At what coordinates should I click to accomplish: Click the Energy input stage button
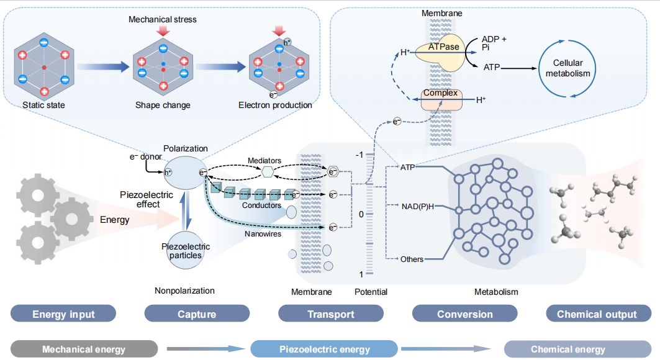63,314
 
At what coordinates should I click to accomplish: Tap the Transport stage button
331,314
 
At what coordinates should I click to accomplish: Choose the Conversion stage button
465,314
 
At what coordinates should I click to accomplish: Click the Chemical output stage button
597,314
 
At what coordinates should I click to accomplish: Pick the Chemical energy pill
567,349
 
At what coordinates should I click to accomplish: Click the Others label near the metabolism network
412,259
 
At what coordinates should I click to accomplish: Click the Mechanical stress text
162,20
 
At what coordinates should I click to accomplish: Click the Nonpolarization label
184,290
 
